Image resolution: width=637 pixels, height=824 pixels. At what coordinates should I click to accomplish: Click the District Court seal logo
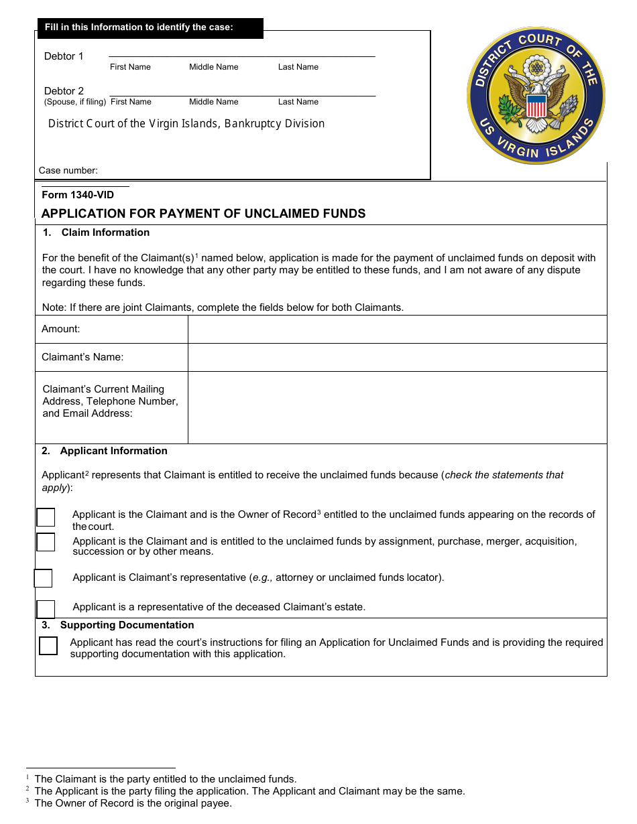536,95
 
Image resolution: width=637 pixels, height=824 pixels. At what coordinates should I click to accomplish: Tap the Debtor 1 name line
241,56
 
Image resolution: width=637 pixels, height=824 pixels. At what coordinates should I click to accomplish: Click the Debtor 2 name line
241,95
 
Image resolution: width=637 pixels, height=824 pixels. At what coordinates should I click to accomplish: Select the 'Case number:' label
68,170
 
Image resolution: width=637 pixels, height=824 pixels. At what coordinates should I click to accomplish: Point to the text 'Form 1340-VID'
78,195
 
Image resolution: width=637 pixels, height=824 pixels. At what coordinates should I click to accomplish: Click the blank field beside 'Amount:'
397,329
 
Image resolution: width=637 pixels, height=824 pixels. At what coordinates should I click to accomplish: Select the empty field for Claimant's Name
397,357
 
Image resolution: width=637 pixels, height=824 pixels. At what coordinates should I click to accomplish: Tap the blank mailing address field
397,407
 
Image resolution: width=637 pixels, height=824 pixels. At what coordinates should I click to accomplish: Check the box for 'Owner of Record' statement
46,517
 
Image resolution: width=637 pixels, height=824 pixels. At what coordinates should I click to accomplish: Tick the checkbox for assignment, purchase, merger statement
46,542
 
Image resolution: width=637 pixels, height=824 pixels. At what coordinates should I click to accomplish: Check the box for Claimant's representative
43,578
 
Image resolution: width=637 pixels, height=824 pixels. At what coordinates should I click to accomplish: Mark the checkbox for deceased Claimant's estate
46,609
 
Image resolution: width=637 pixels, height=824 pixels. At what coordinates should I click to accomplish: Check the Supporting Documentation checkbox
48,646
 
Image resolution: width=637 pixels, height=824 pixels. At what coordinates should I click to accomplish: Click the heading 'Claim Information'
105,232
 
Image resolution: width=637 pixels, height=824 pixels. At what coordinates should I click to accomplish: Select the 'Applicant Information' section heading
113,451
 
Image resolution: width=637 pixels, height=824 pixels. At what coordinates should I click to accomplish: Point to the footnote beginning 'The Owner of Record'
133,803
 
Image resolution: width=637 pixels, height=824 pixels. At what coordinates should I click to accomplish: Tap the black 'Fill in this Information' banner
149,27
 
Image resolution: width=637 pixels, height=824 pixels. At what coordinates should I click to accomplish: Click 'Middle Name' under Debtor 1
213,67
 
